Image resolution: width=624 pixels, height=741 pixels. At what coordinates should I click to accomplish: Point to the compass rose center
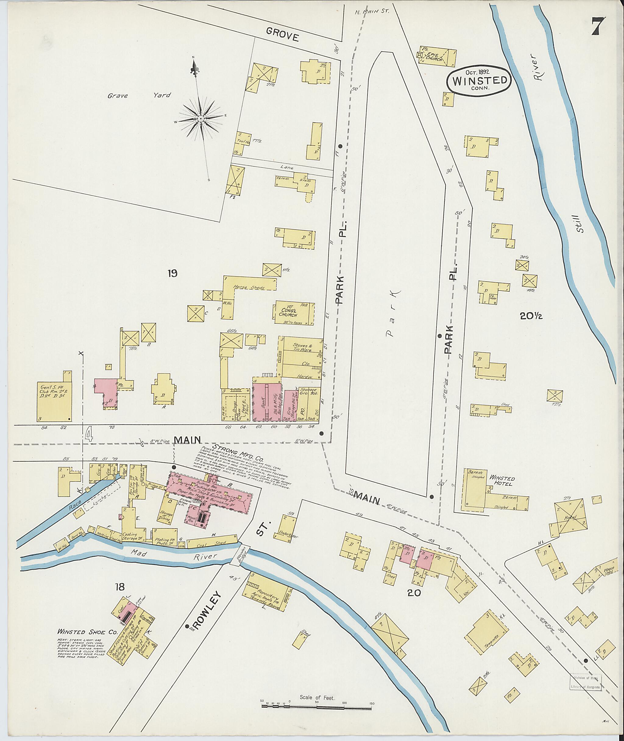coord(200,119)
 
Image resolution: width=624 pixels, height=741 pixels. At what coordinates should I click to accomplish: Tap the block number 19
coord(173,273)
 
